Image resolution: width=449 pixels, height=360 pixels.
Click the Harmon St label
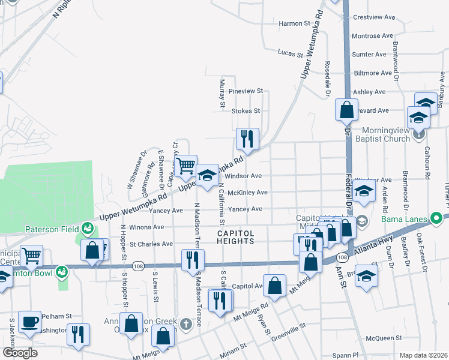[294, 23]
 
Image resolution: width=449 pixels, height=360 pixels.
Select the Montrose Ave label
[374, 36]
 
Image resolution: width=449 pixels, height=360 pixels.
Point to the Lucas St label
[291, 54]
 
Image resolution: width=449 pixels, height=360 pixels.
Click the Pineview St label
[246, 91]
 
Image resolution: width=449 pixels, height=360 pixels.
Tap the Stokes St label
[246, 110]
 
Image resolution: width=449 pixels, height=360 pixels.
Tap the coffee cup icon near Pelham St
[29, 321]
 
